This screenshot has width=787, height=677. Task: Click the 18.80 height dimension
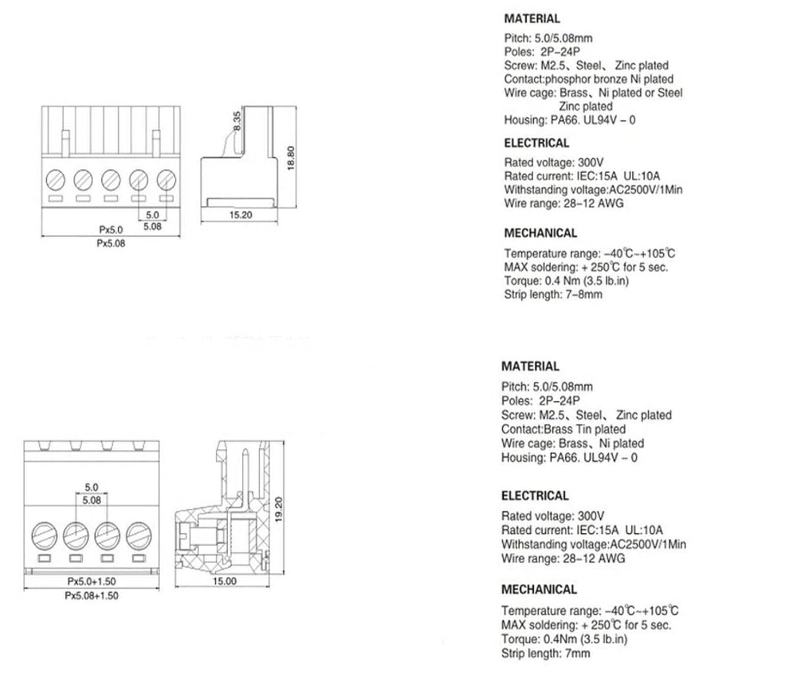click(290, 158)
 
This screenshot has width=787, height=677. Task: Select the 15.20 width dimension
click(241, 215)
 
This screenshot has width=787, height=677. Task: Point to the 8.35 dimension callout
click(236, 121)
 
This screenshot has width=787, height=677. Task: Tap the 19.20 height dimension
click(279, 509)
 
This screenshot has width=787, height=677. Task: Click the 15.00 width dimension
click(224, 581)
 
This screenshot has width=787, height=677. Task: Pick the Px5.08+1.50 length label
click(91, 595)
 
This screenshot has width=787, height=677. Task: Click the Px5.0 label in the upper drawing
click(111, 230)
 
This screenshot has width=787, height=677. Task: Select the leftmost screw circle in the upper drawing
click(56, 179)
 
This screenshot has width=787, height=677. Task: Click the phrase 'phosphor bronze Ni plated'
click(609, 79)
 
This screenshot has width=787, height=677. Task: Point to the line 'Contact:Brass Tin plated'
click(563, 429)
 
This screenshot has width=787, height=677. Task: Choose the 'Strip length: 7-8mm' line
click(553, 294)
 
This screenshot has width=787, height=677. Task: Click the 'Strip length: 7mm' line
click(546, 654)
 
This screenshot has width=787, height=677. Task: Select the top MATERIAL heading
click(532, 19)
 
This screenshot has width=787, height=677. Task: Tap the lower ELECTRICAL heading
click(535, 496)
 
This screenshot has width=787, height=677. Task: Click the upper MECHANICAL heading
click(541, 233)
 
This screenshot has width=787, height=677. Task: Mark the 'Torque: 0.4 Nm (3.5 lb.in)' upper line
click(566, 280)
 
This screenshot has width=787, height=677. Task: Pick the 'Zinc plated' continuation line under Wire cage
click(585, 106)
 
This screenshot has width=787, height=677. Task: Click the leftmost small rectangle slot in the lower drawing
click(45, 559)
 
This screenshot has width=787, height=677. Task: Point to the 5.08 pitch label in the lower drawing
click(91, 501)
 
